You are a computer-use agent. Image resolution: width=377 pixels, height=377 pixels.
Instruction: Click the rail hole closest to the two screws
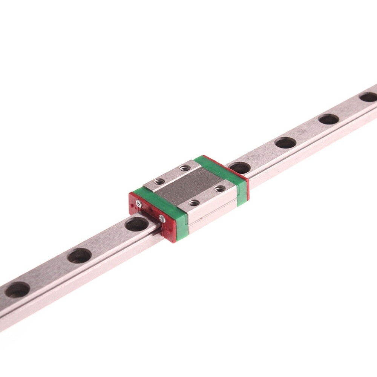136,225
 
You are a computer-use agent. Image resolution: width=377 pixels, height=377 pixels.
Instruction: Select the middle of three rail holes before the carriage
79,256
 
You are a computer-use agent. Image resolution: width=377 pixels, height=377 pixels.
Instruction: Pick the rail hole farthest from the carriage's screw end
17,289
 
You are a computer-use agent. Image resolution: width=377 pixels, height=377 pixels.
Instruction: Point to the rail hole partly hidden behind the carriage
239,167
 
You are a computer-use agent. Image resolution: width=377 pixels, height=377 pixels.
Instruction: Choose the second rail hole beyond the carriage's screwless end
285,143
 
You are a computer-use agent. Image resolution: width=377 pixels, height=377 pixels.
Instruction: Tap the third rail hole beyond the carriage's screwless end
328,119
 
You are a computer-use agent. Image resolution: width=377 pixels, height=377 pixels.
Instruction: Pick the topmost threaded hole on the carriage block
184,167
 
